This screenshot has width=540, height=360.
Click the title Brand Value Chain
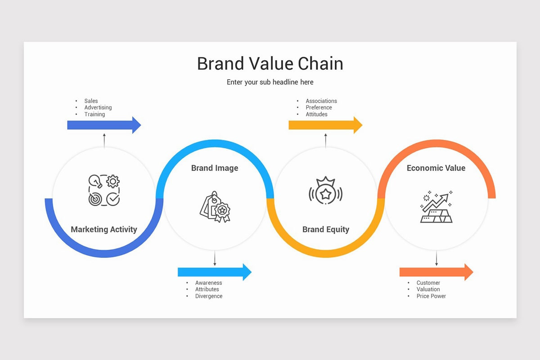[270, 63]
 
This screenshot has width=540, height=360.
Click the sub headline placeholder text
[270, 82]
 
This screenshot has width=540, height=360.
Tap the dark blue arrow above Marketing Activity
[104, 125]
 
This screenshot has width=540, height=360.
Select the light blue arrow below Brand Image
[215, 272]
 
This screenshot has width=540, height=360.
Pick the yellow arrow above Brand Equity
[325, 125]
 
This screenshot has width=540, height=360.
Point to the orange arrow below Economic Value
[436, 272]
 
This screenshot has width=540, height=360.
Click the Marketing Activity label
[104, 229]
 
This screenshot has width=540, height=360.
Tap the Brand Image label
[215, 168]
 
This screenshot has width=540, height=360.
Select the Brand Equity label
[325, 229]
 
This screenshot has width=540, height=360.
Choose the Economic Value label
[436, 168]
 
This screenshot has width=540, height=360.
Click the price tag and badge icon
[215, 207]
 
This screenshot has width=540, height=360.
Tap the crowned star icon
[325, 191]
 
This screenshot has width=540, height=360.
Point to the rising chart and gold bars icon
[436, 207]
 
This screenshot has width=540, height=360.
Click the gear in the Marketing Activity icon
[112, 181]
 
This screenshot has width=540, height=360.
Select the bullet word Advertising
[98, 108]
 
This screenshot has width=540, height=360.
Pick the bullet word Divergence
[209, 296]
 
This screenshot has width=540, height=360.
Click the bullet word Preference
[319, 108]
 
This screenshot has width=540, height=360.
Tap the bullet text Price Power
[431, 296]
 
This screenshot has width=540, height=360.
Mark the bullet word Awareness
[208, 283]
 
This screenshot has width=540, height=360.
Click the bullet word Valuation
[428, 289]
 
